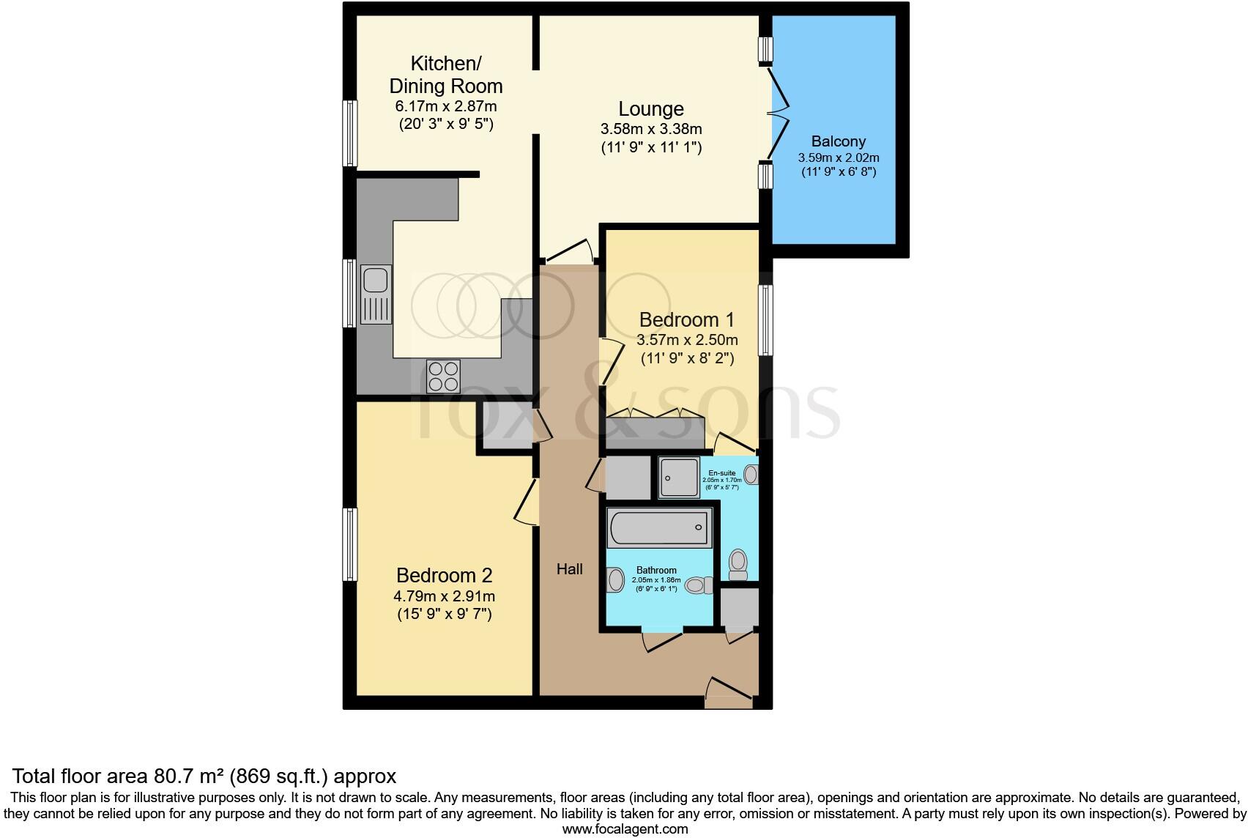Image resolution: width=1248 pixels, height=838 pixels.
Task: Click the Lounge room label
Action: click(650, 109)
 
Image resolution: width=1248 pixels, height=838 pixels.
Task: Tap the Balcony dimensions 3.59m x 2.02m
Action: click(838, 157)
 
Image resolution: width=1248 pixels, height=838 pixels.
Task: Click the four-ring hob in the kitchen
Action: click(443, 377)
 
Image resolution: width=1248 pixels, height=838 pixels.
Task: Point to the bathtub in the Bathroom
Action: click(659, 527)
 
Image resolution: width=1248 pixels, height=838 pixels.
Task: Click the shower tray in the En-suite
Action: click(680, 478)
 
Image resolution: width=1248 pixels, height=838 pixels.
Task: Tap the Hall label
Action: click(569, 568)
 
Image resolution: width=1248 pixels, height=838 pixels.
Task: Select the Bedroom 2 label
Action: click(444, 575)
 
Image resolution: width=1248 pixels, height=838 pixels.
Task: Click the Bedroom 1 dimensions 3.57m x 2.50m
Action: click(687, 340)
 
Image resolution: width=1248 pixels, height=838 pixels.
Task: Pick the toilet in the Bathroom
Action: click(699, 585)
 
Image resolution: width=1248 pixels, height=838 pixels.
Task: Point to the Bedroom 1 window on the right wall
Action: click(765, 320)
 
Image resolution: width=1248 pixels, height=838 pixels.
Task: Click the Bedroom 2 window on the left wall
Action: click(351, 545)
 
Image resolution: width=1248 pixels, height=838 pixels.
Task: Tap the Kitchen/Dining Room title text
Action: click(445, 74)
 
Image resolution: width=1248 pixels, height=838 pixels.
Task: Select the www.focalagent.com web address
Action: click(624, 829)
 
